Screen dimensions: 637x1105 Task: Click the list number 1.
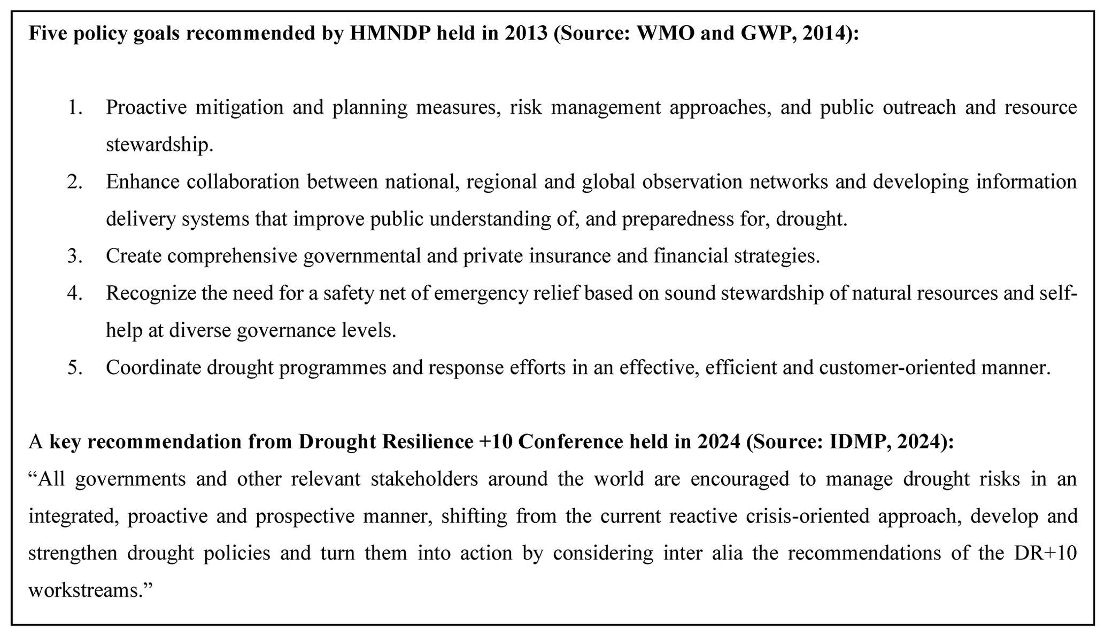coord(74,107)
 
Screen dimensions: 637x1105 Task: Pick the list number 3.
coord(74,256)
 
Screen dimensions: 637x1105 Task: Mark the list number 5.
coord(74,368)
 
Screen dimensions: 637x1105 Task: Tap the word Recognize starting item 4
coord(150,293)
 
